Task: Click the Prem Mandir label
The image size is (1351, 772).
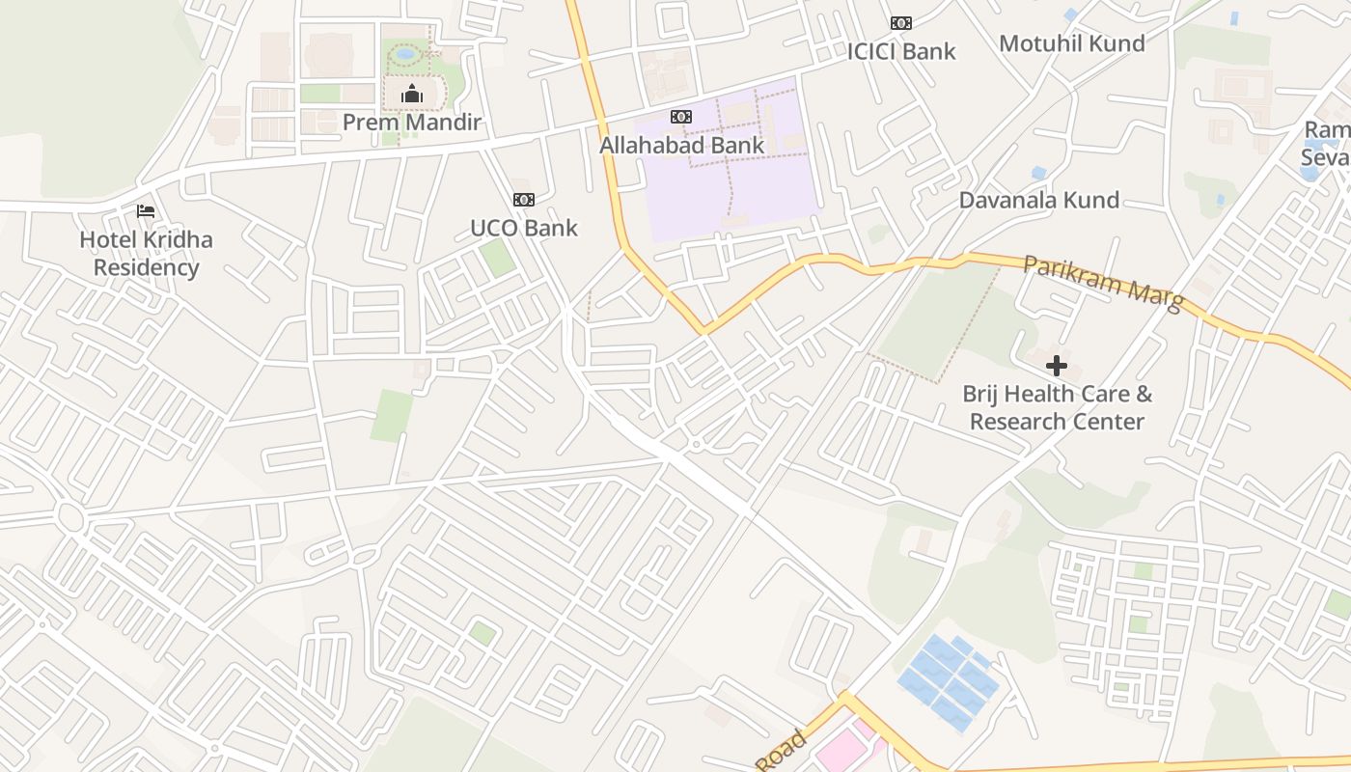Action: [x=412, y=123]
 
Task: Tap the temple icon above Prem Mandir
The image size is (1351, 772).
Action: [x=412, y=94]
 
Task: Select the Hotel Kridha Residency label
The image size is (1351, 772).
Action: [x=146, y=253]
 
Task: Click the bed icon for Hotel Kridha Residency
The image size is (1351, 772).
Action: [x=146, y=211]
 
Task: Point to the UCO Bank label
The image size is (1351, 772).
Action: [x=524, y=228]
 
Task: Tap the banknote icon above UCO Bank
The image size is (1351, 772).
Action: [x=524, y=200]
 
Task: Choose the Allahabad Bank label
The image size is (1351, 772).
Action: [x=681, y=145]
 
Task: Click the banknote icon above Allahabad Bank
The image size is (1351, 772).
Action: [x=681, y=117]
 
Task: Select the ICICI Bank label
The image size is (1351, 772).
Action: [x=901, y=51]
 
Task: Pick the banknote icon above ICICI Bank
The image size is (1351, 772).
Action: [x=901, y=23]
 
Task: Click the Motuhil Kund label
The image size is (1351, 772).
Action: [x=1072, y=43]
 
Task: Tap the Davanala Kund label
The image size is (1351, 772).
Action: [x=1039, y=200]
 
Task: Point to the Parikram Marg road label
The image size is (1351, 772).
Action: [x=1103, y=282]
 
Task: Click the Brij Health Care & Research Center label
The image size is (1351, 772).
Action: [x=1058, y=407]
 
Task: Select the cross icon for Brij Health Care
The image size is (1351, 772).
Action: [x=1057, y=366]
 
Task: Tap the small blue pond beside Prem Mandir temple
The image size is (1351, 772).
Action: [x=406, y=54]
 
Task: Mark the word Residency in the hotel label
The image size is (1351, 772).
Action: [x=146, y=267]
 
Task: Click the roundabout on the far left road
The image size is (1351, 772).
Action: [x=70, y=516]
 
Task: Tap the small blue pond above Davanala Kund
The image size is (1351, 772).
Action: [x=1038, y=173]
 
